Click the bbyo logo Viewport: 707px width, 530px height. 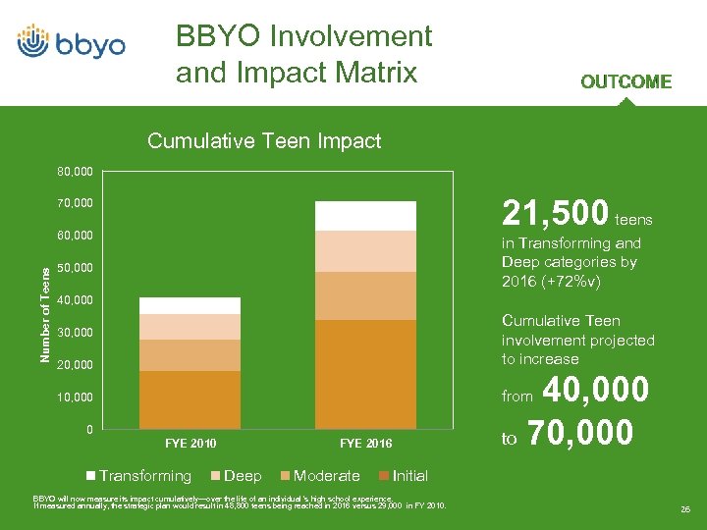pos(71,43)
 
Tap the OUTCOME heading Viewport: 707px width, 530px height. pos(625,82)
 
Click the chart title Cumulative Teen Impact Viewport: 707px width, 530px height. pos(264,141)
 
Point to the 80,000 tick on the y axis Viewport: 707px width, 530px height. pos(74,173)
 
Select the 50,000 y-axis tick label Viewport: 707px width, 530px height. pos(74,268)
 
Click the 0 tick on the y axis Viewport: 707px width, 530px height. pos(89,430)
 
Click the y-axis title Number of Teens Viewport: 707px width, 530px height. pos(45,304)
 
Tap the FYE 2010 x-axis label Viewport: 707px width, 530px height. pos(190,444)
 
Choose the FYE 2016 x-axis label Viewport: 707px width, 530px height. pos(365,444)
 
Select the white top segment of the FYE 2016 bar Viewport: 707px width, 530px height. pos(365,216)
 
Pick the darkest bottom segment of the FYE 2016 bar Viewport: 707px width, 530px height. pos(365,374)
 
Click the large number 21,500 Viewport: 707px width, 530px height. pos(554,212)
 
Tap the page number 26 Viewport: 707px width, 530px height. pos(683,509)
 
